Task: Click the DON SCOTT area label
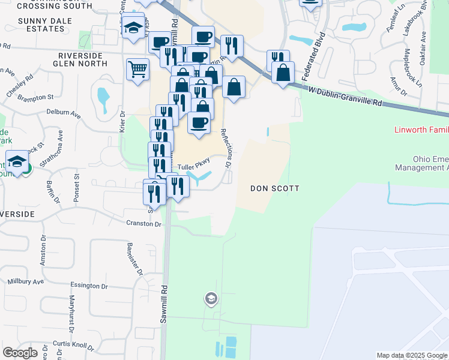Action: point(274,188)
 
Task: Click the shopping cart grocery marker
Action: point(137,70)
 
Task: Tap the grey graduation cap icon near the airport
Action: point(211,298)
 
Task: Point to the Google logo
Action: point(20,352)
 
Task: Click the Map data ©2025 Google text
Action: point(412,355)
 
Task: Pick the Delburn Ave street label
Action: point(63,112)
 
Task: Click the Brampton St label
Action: point(35,97)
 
